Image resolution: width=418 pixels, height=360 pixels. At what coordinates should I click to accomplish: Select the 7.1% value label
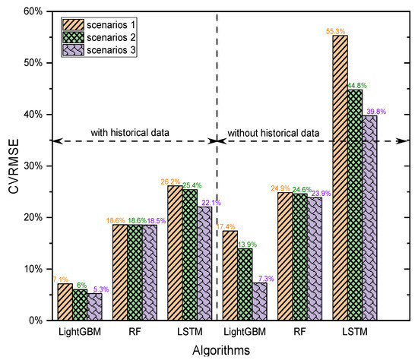tap(61, 279)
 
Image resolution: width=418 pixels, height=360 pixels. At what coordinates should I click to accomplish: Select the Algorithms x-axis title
tap(220, 350)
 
